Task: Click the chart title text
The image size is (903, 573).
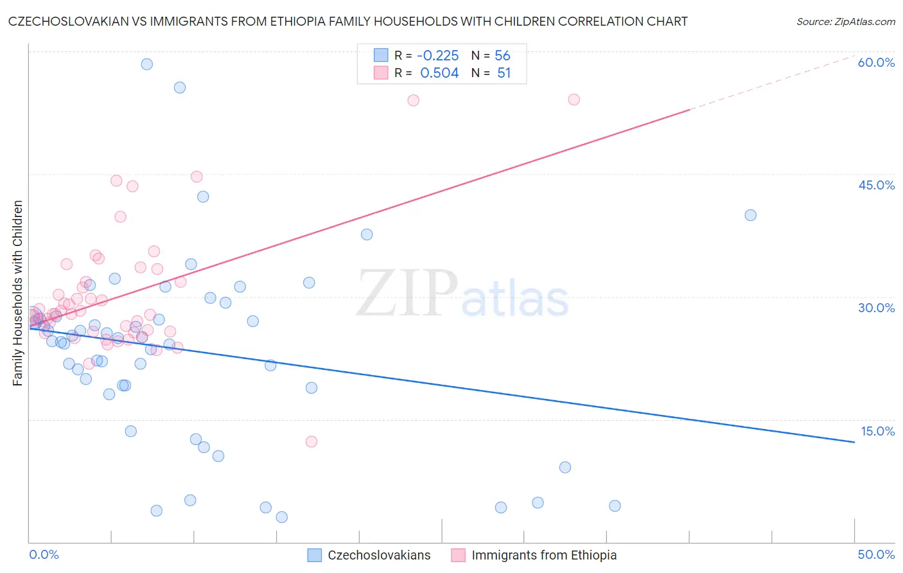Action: (x=347, y=21)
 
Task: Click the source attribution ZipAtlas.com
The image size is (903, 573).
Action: (x=845, y=21)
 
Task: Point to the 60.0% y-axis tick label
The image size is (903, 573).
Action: (x=876, y=62)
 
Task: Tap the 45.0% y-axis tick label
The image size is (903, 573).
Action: (x=876, y=185)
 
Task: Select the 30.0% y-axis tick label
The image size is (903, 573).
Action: (x=876, y=308)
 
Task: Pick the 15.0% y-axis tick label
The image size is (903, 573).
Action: (x=877, y=431)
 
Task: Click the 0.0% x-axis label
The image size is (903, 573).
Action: (x=44, y=554)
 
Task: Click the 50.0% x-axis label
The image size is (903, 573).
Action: (x=876, y=554)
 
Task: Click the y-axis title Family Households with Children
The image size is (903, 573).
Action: (x=17, y=293)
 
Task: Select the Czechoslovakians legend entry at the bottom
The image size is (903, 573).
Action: (x=379, y=555)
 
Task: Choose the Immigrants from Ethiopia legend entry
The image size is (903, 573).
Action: (x=543, y=555)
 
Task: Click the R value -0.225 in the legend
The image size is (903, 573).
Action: (x=439, y=55)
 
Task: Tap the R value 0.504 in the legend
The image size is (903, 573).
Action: (x=439, y=73)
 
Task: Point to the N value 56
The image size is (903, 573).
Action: (x=502, y=55)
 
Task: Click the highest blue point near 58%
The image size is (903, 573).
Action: (x=147, y=64)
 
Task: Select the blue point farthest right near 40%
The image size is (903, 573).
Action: (x=750, y=215)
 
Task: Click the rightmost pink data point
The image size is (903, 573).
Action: (x=574, y=100)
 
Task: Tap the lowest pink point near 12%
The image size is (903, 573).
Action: (x=311, y=441)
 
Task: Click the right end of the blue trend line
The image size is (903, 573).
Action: (x=854, y=442)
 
